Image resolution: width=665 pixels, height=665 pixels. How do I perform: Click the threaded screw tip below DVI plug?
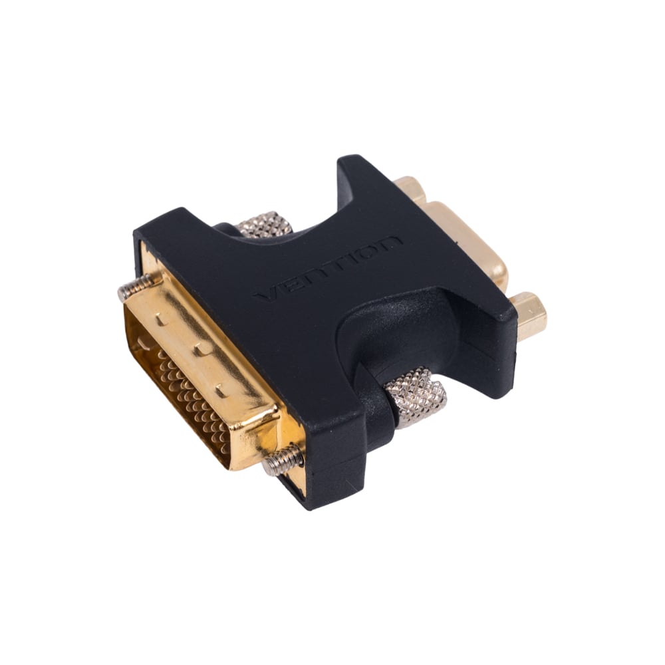pyautogui.click(x=282, y=460)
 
